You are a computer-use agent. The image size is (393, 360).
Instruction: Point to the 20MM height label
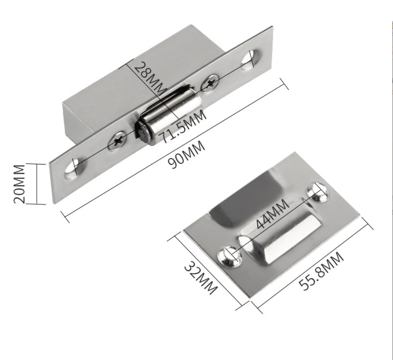click(20, 184)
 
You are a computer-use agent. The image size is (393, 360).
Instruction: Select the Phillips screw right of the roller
click(210, 83)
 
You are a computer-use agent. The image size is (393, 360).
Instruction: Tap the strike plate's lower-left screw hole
click(227, 256)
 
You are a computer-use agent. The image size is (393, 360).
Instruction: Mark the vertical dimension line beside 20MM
click(37, 184)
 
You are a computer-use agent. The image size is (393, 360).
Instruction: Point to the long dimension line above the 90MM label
click(175, 149)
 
